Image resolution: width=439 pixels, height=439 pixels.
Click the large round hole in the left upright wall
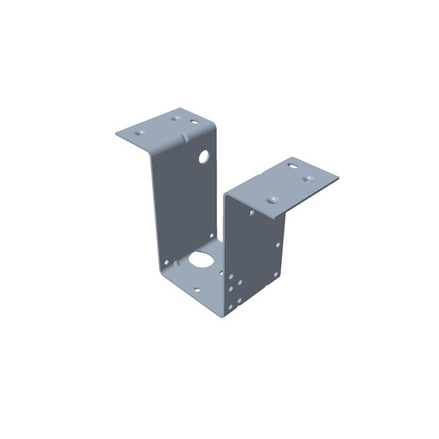point(204,158)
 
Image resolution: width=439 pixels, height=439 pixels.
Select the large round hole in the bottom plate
point(201,260)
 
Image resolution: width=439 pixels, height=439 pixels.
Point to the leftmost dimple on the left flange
point(140,131)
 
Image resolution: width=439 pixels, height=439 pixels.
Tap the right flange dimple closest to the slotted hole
point(307,178)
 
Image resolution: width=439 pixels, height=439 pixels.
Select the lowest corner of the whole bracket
point(230,313)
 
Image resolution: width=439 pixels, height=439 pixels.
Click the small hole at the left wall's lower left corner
point(164,263)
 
